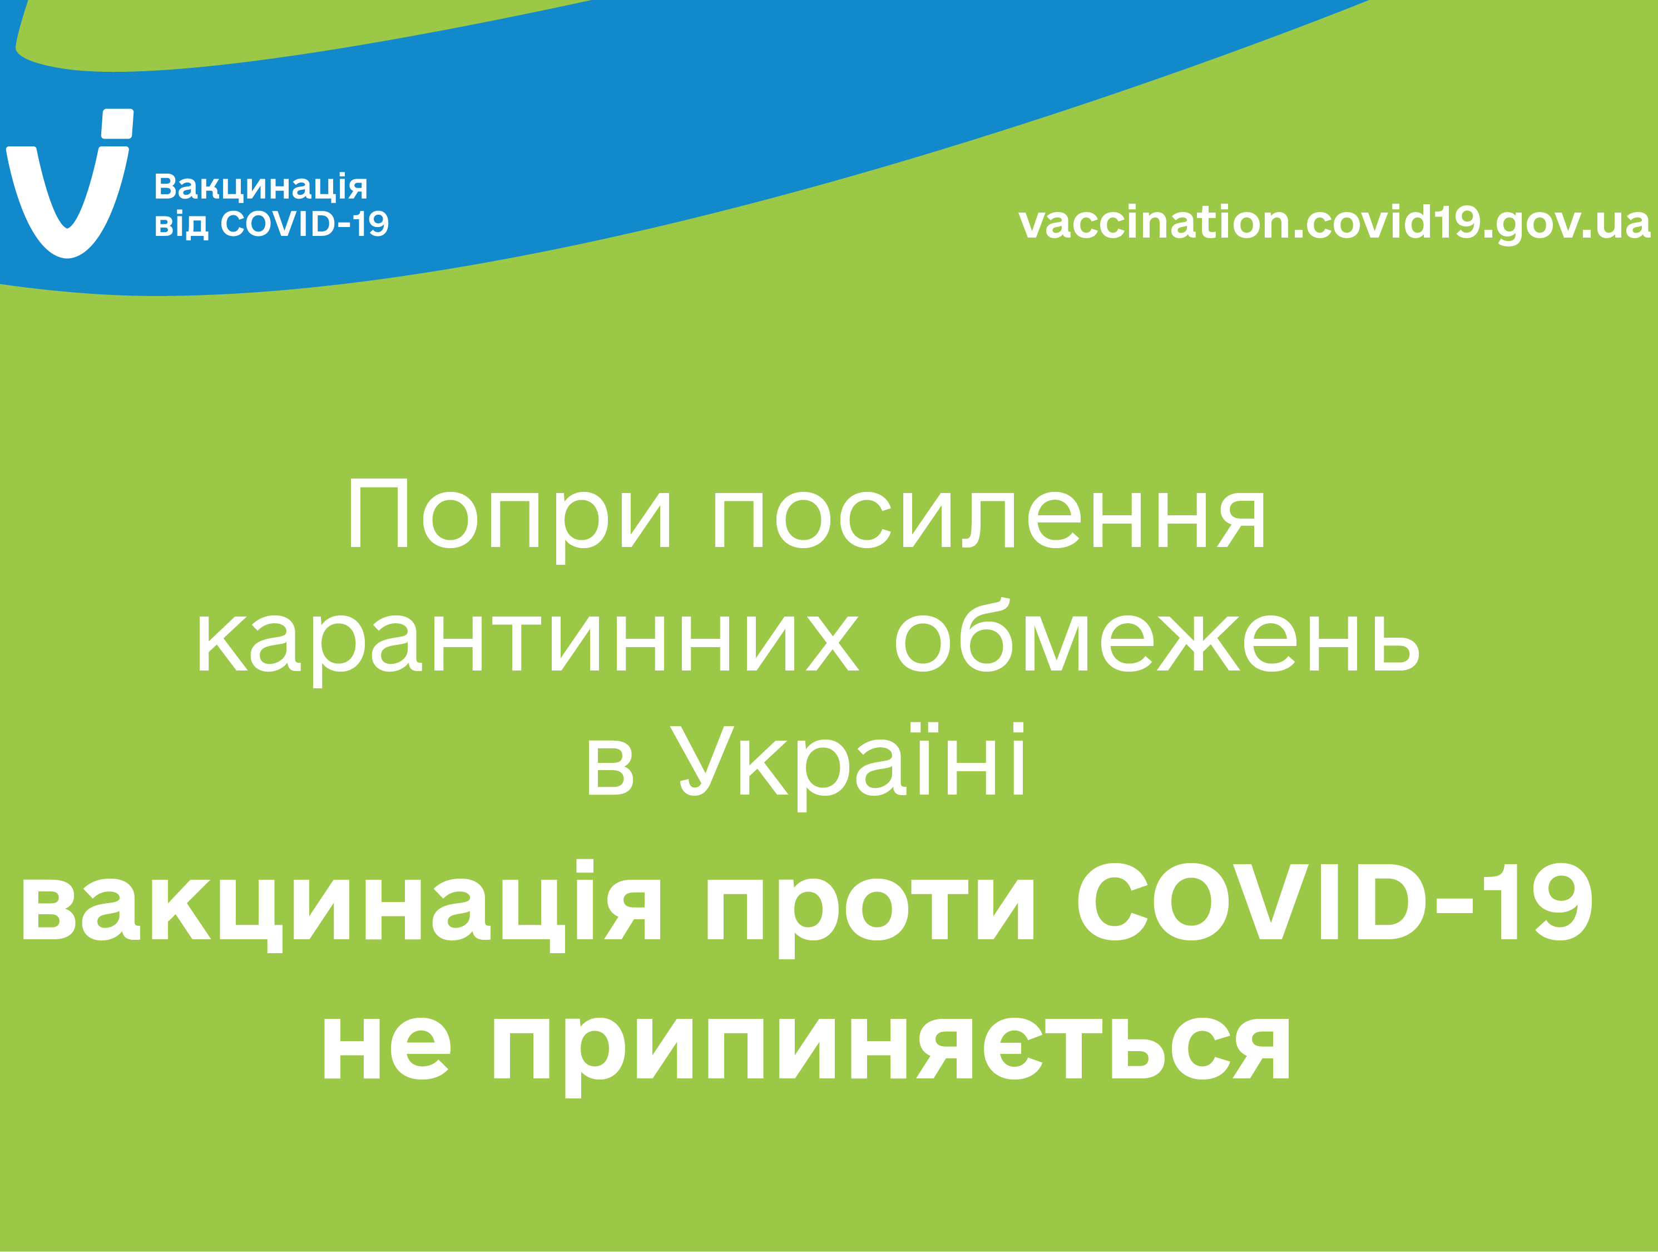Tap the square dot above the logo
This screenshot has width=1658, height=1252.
tap(117, 124)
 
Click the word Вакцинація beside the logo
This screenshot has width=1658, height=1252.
tap(261, 186)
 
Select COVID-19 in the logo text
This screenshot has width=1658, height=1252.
tap(304, 223)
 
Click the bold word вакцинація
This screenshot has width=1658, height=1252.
tap(341, 904)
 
